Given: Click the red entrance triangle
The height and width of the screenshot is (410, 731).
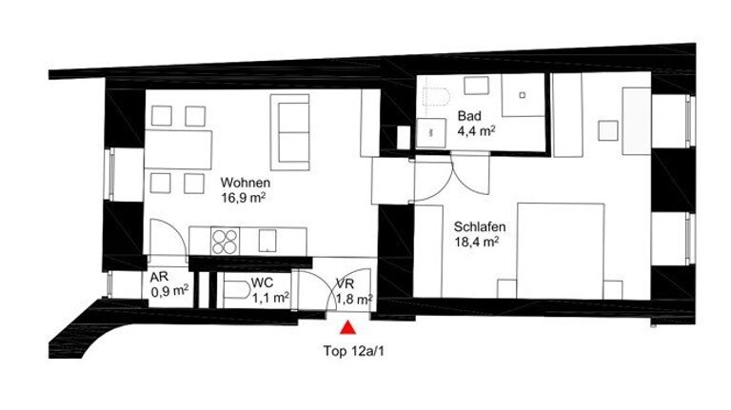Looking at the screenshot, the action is (347, 327).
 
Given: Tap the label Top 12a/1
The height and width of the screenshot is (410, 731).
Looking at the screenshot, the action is (354, 351).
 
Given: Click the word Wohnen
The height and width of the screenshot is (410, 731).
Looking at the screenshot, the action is (246, 183).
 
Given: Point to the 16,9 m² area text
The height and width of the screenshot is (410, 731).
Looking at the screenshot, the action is (244, 198).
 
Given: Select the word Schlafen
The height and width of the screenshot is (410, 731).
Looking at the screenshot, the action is (480, 227).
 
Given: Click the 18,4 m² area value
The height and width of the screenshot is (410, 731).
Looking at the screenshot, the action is (477, 242).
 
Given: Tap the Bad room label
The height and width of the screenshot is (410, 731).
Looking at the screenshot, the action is (469, 115).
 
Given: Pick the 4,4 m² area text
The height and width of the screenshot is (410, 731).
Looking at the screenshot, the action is (476, 130).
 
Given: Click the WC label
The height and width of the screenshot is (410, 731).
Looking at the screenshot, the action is (262, 283).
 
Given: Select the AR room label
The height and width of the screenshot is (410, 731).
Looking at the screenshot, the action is (159, 277).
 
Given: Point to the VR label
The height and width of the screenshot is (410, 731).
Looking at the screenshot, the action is (345, 283).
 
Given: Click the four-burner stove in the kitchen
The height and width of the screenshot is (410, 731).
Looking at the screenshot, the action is (225, 242).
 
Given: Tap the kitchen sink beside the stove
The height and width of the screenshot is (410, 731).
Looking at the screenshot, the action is (267, 241).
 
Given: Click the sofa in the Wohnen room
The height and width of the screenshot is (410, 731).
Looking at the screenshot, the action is (289, 132).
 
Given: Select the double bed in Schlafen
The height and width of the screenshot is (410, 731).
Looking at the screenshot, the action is (561, 250).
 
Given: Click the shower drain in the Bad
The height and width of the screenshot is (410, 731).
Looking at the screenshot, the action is (523, 95).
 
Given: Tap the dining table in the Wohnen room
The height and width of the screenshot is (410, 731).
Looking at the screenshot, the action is (178, 149).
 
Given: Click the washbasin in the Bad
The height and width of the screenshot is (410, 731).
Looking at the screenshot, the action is (431, 133).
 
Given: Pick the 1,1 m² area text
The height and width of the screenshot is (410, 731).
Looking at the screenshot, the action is (270, 298).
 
